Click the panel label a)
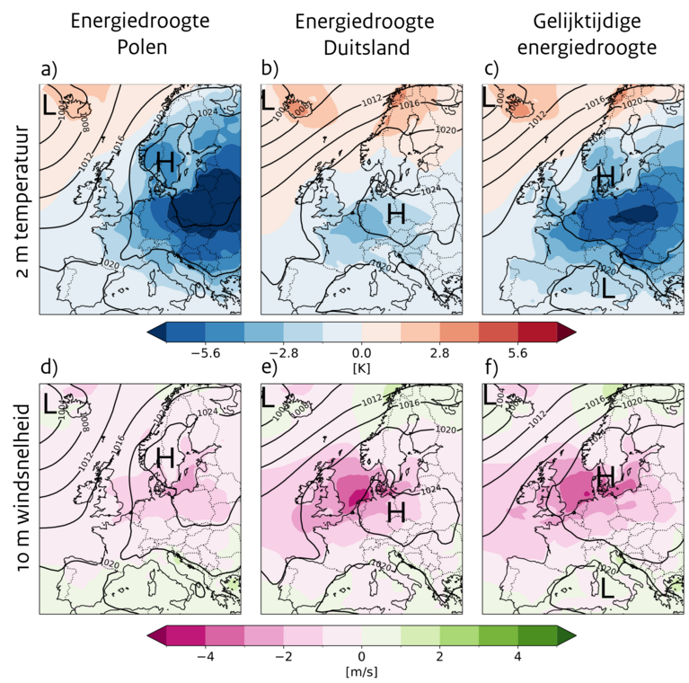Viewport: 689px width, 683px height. pyautogui.click(x=47, y=70)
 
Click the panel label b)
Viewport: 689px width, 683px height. pyautogui.click(x=269, y=69)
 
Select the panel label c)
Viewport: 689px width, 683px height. pyautogui.click(x=490, y=69)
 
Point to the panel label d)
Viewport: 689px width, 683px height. pyautogui.click(x=47, y=367)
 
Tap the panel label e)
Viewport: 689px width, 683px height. pyautogui.click(x=269, y=367)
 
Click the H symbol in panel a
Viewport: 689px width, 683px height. pyautogui.click(x=164, y=163)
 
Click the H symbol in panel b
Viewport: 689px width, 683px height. pyautogui.click(x=396, y=213)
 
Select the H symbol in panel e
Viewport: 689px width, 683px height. pyautogui.click(x=396, y=511)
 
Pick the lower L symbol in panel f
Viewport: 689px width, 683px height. pyautogui.click(x=608, y=588)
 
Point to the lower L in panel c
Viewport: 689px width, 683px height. pyautogui.click(x=608, y=288)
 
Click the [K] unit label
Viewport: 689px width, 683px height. pyautogui.click(x=361, y=368)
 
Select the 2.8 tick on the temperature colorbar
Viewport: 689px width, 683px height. pyautogui.click(x=439, y=354)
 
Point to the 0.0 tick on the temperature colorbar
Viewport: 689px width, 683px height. pyautogui.click(x=361, y=354)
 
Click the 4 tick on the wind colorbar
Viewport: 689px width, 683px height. pyautogui.click(x=517, y=657)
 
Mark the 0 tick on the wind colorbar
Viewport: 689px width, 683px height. pyautogui.click(x=361, y=657)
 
